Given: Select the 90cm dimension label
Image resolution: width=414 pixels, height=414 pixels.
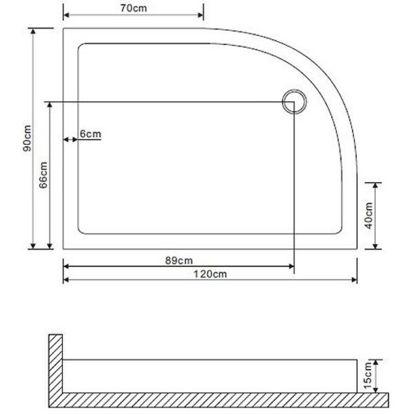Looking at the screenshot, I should [26, 139].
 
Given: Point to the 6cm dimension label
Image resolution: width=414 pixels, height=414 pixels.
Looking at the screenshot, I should [91, 133].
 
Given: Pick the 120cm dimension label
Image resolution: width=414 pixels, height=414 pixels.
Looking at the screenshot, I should [213, 273].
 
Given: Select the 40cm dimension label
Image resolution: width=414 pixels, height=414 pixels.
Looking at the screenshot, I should [369, 215].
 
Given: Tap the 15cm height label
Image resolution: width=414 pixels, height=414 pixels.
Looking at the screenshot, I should [368, 375].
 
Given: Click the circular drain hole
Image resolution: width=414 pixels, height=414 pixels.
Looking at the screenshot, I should [293, 101].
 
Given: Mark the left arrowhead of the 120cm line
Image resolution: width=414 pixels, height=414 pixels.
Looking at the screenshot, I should [67, 279].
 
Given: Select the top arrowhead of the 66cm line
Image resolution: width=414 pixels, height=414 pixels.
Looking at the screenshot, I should [49, 105].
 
